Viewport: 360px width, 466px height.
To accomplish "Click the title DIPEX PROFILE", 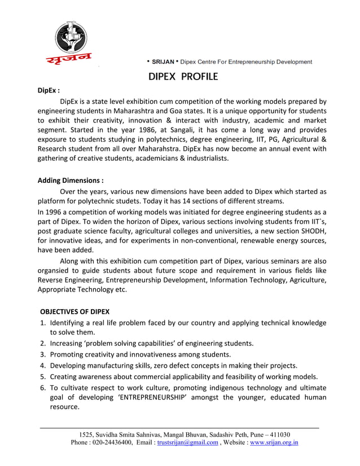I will pos(179,76).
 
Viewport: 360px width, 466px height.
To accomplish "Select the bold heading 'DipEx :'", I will pos(49,90).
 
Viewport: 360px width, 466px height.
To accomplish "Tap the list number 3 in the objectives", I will pos(43,354).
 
